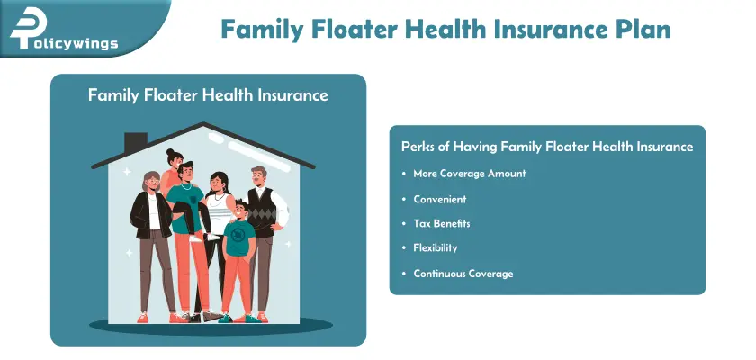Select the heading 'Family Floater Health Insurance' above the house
pos(208,94)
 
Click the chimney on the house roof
pos(135,143)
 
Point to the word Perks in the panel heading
pos(418,147)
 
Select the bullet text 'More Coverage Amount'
pos(469,173)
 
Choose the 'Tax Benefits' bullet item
pos(442,223)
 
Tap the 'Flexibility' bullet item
pos(436,247)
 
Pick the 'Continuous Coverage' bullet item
pos(463,273)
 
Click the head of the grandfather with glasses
pos(258,176)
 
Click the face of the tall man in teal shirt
pos(186,174)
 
